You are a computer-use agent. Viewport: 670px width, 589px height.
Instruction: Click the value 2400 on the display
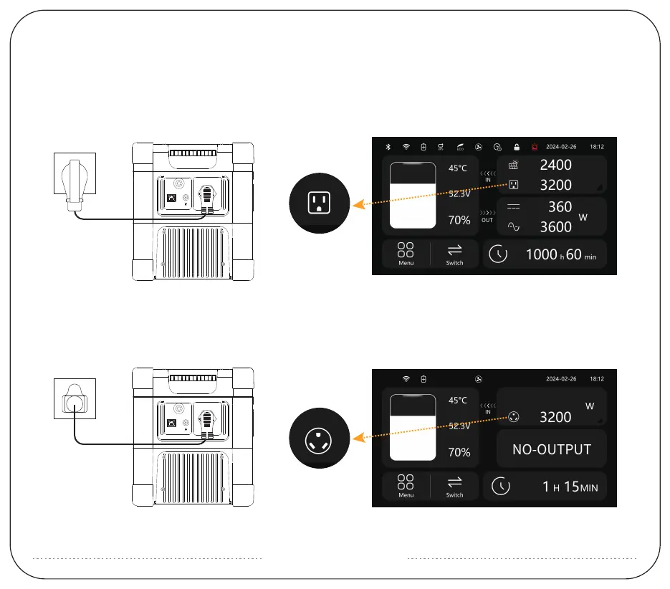click(x=555, y=165)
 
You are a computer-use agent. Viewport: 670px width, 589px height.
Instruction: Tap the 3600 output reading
click(x=555, y=227)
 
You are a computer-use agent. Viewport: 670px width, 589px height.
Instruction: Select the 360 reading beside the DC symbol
click(x=560, y=207)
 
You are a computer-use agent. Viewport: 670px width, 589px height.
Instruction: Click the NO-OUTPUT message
click(x=552, y=450)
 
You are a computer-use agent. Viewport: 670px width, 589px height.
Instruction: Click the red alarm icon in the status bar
click(x=532, y=147)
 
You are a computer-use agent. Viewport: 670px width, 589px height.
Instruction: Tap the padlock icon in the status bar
click(x=516, y=147)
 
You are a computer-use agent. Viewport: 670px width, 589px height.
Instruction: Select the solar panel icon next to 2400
click(x=514, y=165)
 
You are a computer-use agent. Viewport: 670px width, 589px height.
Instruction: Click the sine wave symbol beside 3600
click(x=514, y=226)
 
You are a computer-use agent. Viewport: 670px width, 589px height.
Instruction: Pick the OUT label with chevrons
click(x=487, y=216)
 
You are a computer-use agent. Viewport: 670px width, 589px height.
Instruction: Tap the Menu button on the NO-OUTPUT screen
click(x=406, y=485)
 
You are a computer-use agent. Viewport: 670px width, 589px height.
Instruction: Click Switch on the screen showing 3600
click(x=454, y=253)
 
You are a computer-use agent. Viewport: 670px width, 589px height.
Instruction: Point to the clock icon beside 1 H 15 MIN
click(x=500, y=487)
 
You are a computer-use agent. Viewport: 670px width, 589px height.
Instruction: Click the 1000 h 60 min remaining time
click(x=560, y=255)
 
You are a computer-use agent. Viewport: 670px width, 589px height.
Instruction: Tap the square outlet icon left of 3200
click(x=514, y=185)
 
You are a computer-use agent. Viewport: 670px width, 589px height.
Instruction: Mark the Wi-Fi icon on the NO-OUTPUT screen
click(x=406, y=378)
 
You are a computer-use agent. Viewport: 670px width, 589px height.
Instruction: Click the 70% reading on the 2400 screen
click(x=459, y=221)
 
